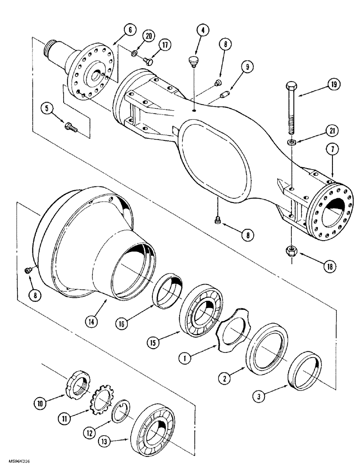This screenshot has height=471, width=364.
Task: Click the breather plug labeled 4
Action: point(193,60)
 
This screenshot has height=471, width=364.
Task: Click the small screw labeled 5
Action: point(71,126)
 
